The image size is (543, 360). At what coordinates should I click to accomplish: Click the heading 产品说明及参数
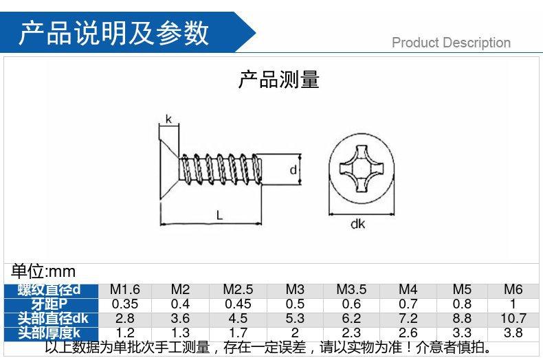point(113,32)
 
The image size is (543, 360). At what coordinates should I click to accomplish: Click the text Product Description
point(451,43)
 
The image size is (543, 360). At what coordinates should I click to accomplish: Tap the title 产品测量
point(278,80)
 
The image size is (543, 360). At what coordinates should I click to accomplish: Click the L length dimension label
point(219,214)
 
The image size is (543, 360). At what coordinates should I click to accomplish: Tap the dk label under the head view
point(357,224)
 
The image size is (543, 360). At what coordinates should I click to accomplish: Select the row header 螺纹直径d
point(49,289)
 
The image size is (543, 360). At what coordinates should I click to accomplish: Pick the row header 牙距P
point(49,304)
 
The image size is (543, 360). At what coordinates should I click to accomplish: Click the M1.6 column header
point(124,289)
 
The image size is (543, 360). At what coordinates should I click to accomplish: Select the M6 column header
point(513,289)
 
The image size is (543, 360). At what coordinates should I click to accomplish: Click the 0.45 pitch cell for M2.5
point(239,304)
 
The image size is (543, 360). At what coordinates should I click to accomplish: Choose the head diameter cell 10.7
point(513,318)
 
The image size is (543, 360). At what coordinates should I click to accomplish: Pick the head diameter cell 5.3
point(294,318)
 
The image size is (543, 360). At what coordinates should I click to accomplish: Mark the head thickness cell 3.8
point(513,333)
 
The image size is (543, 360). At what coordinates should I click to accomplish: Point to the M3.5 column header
point(351,289)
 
